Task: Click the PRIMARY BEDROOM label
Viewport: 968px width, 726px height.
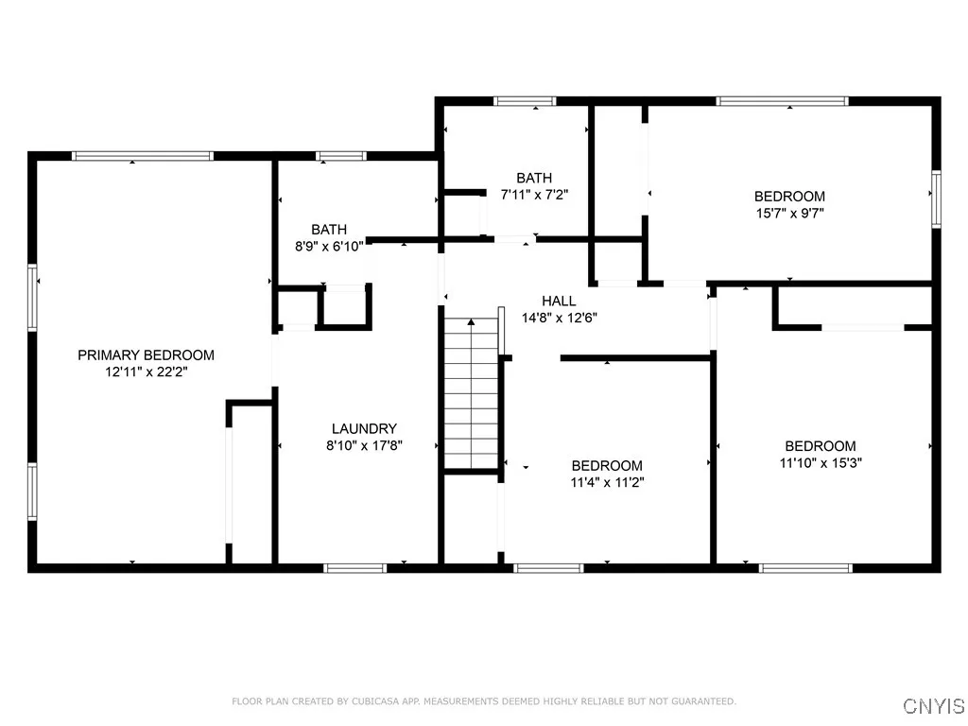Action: coord(146,355)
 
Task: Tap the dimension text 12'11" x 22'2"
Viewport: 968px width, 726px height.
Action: coord(146,372)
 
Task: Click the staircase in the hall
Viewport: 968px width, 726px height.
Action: coord(471,392)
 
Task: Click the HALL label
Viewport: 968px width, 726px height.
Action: coord(559,301)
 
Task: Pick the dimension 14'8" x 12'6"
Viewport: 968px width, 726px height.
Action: coord(559,318)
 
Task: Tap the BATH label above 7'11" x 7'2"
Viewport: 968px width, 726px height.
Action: coord(534,178)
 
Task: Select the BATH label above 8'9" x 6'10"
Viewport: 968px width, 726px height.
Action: coord(329,229)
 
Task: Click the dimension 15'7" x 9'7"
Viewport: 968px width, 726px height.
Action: coord(789,214)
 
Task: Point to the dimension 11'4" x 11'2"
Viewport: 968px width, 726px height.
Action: coord(607,482)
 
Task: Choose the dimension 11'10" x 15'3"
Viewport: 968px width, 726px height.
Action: coord(821,463)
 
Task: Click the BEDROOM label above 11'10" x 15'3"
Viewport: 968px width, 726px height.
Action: coord(821,446)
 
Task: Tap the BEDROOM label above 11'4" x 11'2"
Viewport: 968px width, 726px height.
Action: coord(607,465)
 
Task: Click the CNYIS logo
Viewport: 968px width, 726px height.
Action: coord(934,705)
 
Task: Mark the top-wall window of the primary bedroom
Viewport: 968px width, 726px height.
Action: coord(143,156)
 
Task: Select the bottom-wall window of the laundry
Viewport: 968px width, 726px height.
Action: coord(355,567)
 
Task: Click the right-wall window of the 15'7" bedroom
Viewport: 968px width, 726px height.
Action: coord(936,199)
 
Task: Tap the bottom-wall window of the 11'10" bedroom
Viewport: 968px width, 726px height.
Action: coord(806,567)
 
